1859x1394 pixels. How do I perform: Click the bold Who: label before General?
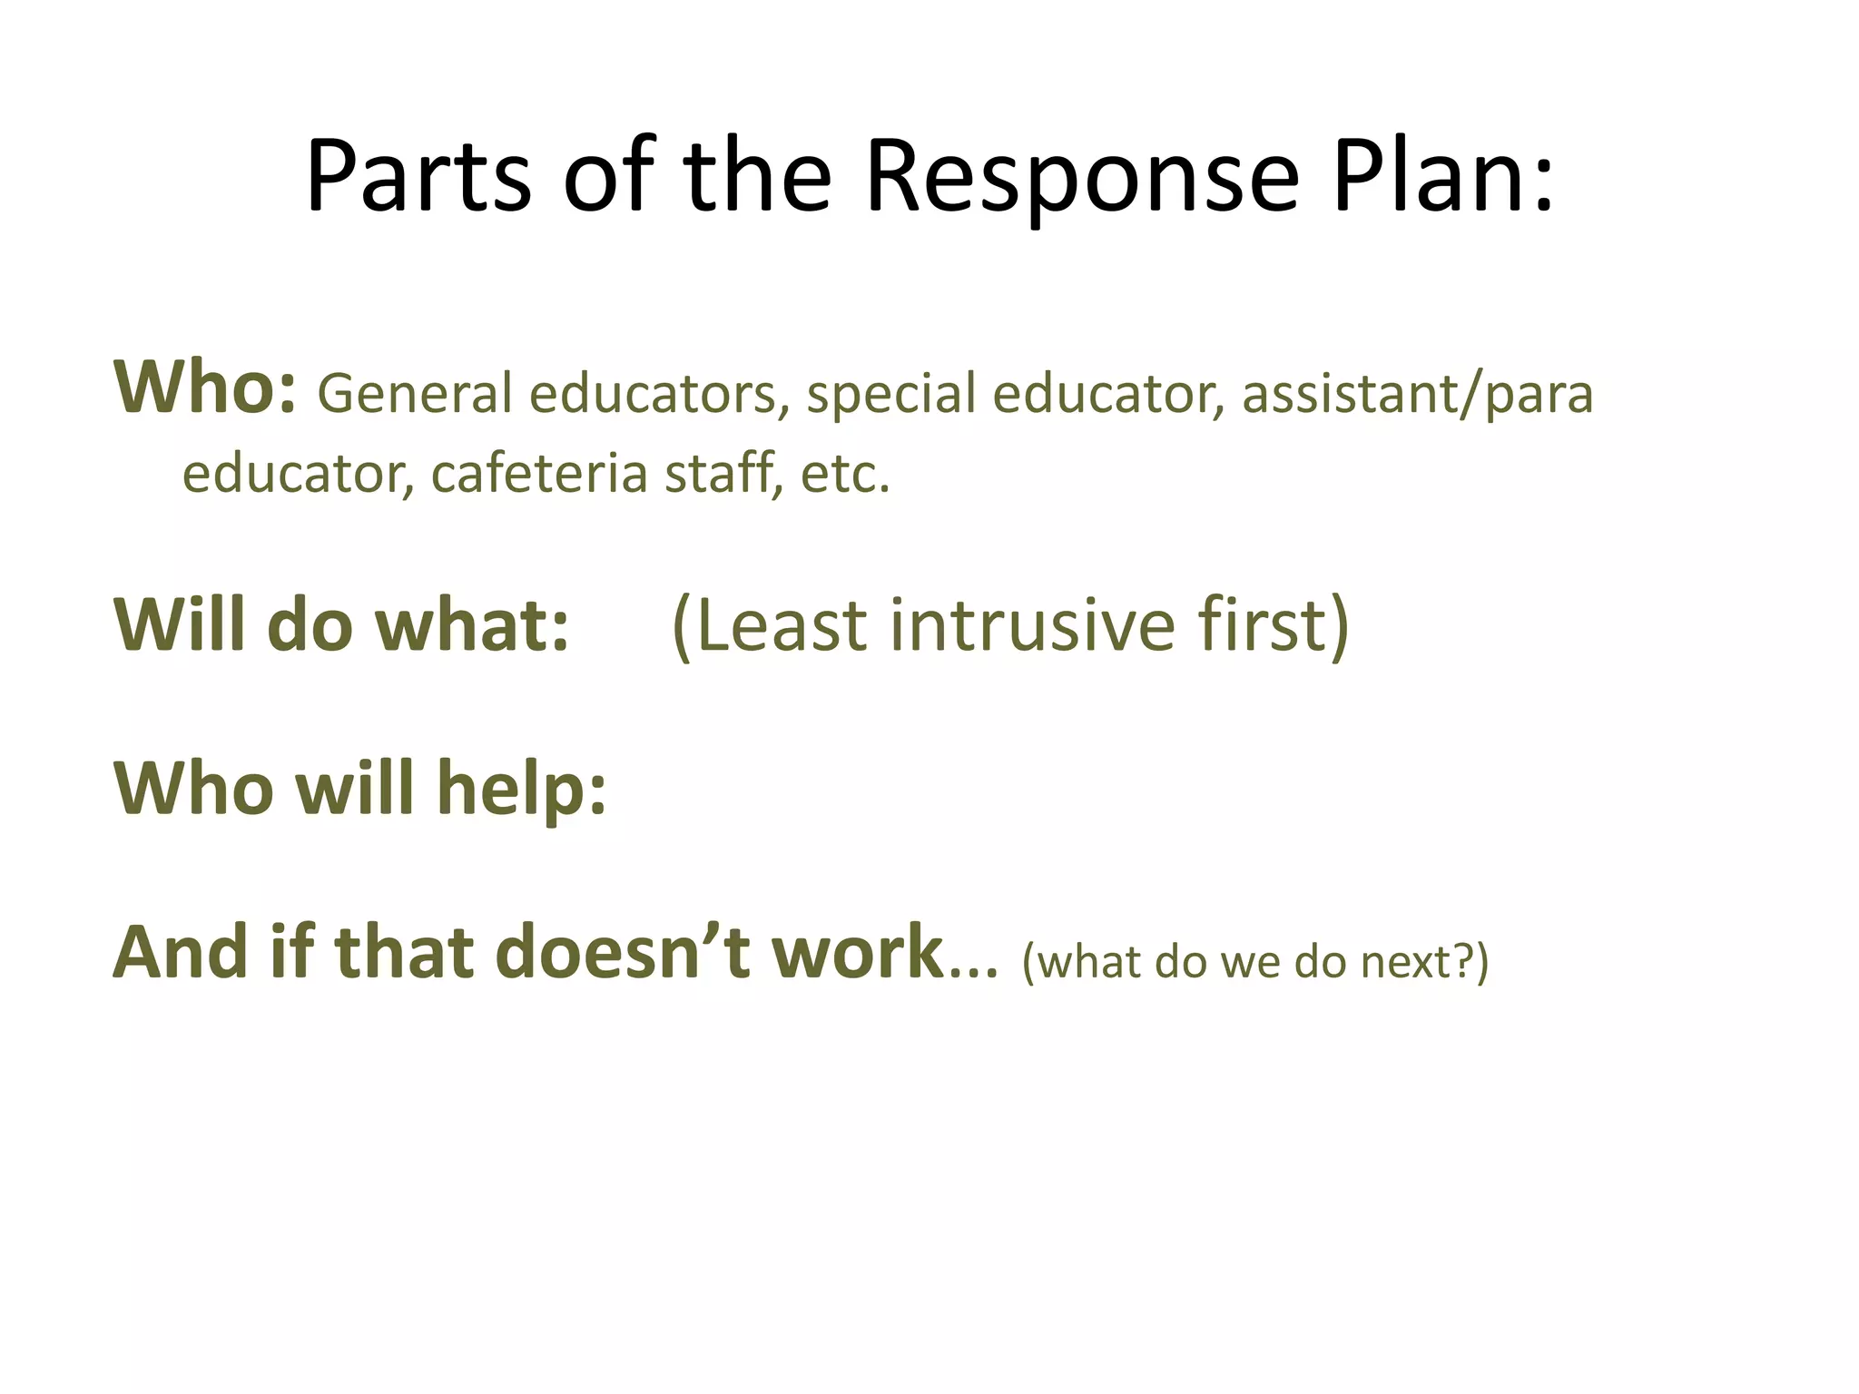pos(205,388)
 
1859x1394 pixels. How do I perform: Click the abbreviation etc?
pos(845,475)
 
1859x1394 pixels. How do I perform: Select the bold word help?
pos(521,788)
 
